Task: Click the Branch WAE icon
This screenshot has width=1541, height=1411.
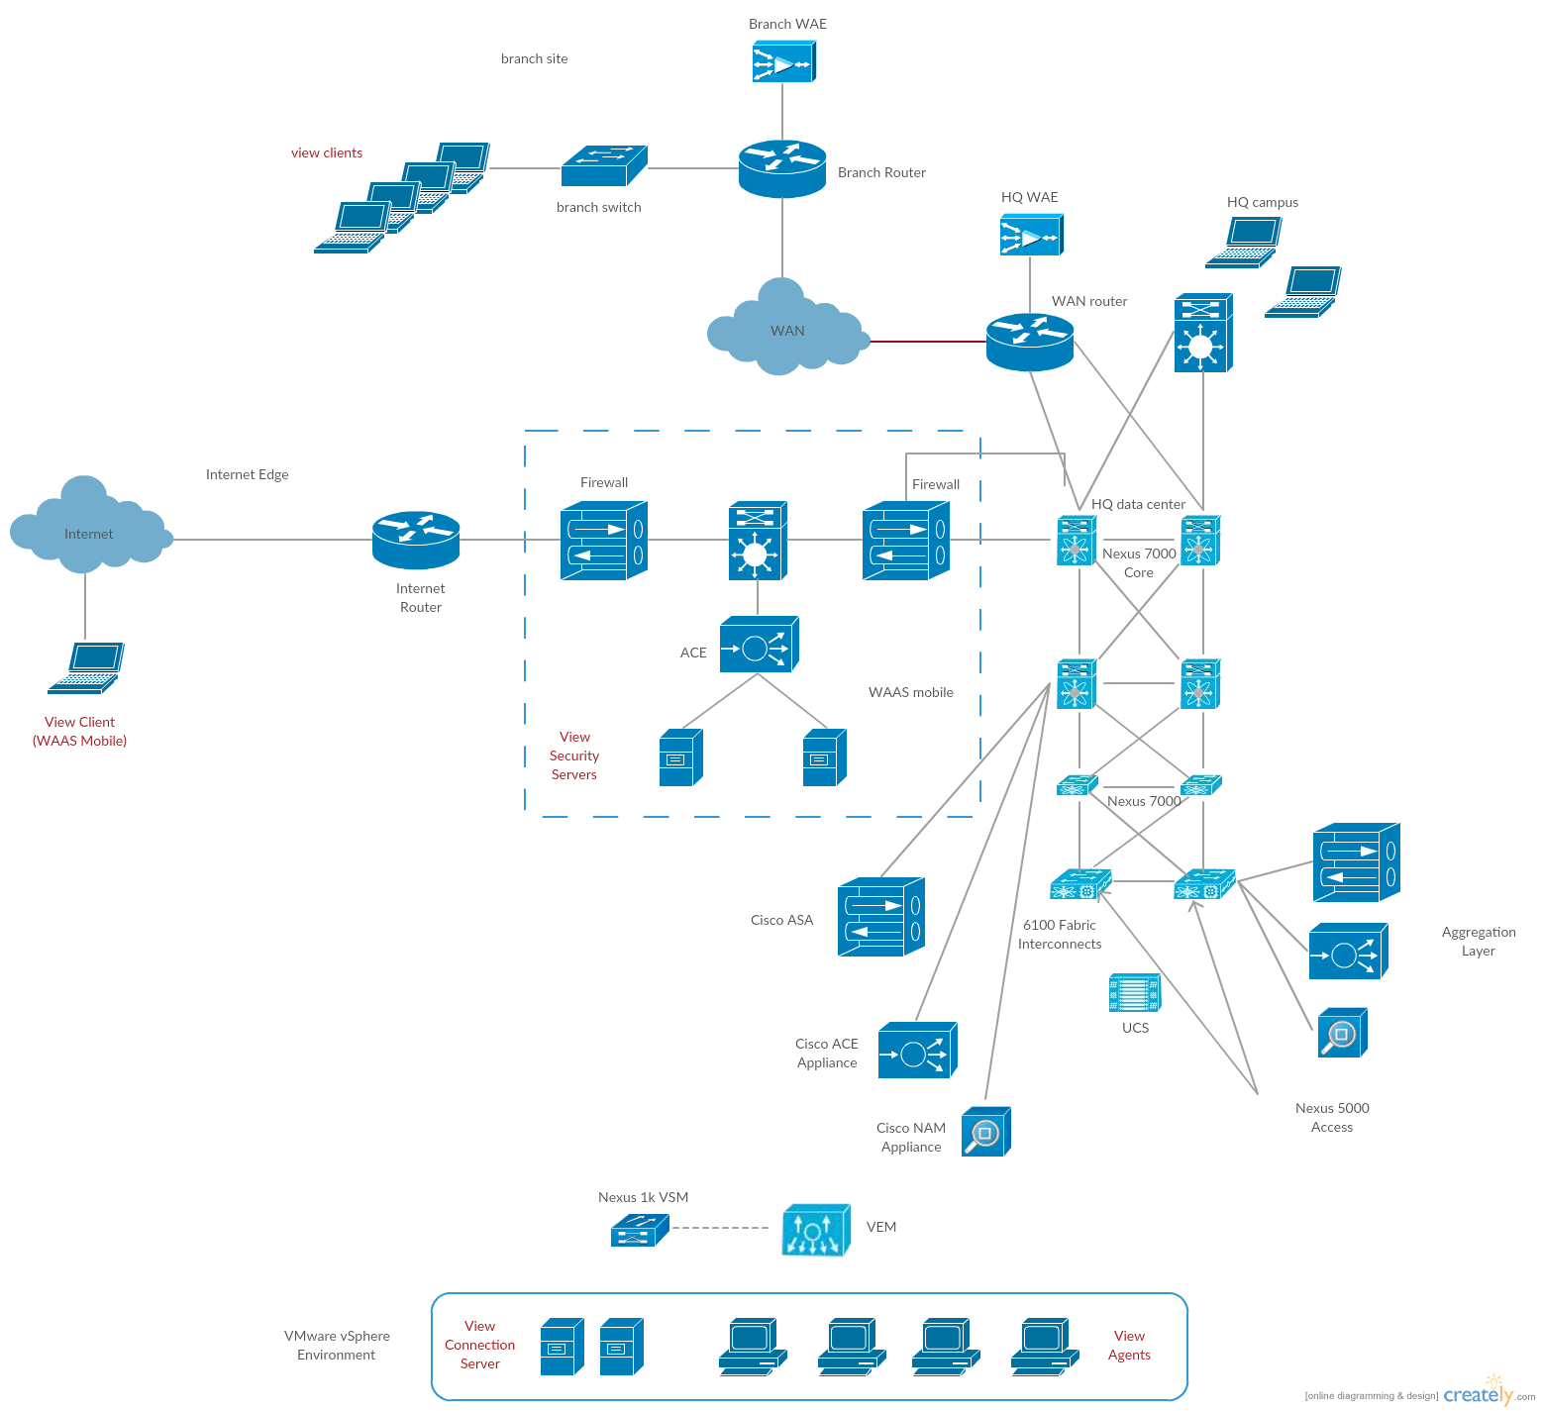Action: point(783,61)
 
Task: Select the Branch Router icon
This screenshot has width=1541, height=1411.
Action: point(782,168)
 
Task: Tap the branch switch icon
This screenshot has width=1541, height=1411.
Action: point(603,166)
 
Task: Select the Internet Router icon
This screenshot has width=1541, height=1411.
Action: point(416,540)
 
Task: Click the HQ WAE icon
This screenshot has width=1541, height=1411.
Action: point(1030,235)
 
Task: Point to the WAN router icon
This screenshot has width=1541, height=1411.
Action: point(1030,342)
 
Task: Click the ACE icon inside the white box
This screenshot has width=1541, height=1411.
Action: point(758,646)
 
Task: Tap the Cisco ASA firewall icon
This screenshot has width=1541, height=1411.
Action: point(880,917)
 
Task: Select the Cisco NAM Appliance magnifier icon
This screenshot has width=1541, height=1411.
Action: point(985,1132)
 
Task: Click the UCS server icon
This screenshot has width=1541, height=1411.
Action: point(1134,992)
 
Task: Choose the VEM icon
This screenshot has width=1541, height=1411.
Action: point(815,1231)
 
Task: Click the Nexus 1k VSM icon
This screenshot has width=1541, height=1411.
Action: point(640,1231)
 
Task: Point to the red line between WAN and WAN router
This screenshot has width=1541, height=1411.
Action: point(928,342)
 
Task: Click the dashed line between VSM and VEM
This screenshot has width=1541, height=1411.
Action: point(720,1228)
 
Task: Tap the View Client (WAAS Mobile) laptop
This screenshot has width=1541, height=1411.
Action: point(86,668)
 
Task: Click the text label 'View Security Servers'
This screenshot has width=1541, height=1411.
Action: point(574,756)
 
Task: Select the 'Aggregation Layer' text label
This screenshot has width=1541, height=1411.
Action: point(1478,941)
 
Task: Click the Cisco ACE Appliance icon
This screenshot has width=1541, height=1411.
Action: point(917,1051)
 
